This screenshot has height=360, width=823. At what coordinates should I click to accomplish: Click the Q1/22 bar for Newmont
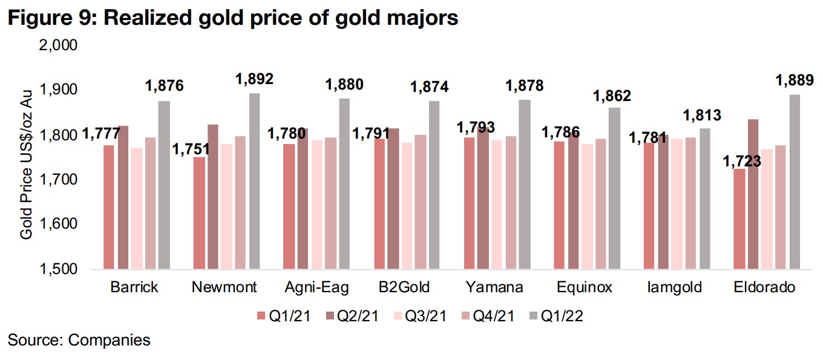click(254, 181)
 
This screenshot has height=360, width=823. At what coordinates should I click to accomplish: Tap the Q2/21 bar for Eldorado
click(753, 194)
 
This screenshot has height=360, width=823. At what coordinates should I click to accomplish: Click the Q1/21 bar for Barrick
click(108, 206)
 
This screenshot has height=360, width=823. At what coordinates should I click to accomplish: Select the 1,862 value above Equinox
click(611, 96)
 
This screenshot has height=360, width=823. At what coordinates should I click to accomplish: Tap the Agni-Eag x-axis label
click(316, 287)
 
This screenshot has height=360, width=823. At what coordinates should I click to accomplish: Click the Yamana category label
click(497, 287)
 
